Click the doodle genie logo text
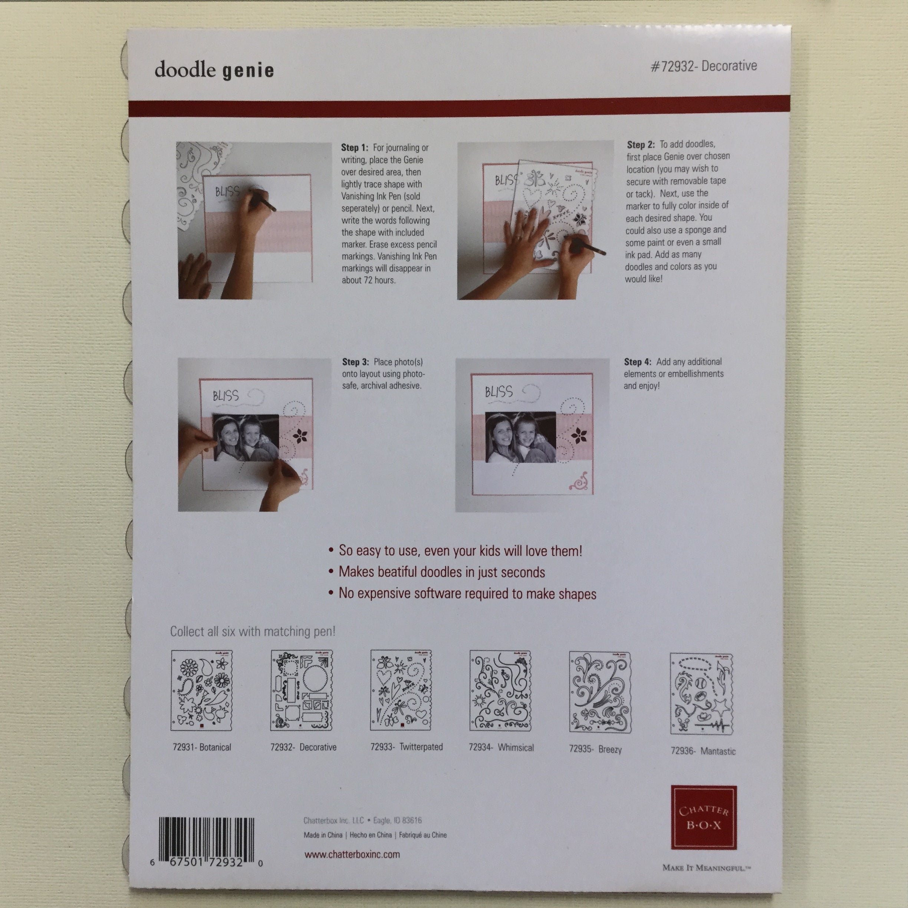[214, 70]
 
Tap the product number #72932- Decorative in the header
[704, 66]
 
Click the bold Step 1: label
[355, 148]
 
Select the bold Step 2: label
[641, 144]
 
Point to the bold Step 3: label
[355, 362]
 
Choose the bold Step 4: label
[638, 362]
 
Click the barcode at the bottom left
[206, 843]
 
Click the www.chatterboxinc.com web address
[352, 855]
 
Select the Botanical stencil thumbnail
[202, 690]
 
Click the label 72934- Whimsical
[501, 747]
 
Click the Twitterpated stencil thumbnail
[401, 690]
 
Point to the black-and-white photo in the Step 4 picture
[520, 437]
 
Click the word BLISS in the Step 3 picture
[226, 396]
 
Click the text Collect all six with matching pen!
[253, 631]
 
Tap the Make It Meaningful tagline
[706, 868]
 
